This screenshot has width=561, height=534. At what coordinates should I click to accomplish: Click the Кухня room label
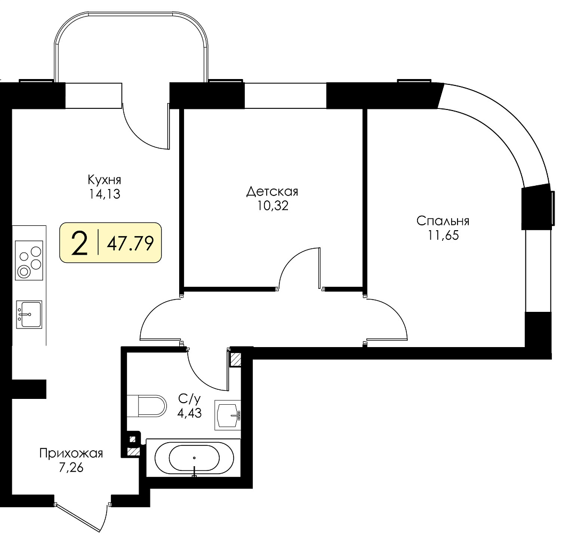tap(105, 179)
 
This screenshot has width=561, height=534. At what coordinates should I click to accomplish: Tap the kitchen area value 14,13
tap(105, 194)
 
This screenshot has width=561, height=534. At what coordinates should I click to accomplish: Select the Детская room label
tap(273, 192)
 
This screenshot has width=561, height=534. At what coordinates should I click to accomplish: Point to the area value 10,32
tap(273, 206)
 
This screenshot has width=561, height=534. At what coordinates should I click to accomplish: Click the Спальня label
tap(443, 221)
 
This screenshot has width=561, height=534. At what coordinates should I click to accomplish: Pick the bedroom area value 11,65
tap(443, 235)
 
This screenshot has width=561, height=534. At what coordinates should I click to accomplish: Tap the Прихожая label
tap(71, 453)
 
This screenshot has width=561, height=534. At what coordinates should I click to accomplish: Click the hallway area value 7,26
tap(71, 468)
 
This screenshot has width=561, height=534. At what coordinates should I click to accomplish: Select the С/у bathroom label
tap(190, 398)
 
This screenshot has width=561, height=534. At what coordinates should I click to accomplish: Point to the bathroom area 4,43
tap(190, 413)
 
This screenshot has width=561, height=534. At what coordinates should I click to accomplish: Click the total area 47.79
tap(131, 244)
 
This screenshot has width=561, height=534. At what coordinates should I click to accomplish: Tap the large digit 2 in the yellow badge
tap(79, 242)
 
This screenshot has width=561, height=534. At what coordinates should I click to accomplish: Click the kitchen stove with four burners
tap(29, 260)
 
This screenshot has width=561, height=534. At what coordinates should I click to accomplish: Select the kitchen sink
tap(29, 315)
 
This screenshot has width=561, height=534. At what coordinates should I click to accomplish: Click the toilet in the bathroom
tap(147, 406)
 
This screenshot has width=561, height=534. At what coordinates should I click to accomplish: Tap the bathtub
tap(194, 458)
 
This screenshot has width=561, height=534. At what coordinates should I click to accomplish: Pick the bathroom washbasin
tap(228, 415)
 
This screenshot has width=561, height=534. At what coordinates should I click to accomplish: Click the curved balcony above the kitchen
tap(131, 46)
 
